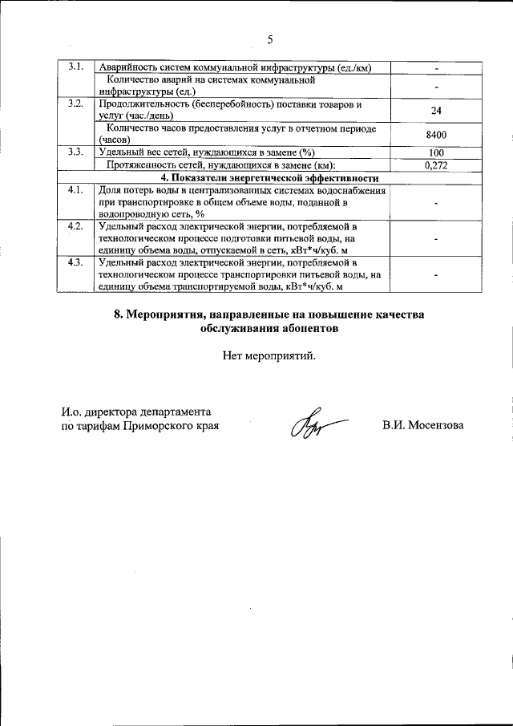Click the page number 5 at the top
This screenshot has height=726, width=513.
(269, 39)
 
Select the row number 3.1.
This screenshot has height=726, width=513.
(75, 66)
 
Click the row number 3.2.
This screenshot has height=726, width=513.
(75, 104)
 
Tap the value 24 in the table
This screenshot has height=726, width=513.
(436, 111)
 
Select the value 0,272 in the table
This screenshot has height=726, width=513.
(436, 164)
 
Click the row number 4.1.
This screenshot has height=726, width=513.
(75, 190)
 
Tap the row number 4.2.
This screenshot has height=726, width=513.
(75, 226)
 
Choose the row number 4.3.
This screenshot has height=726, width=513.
(75, 262)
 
